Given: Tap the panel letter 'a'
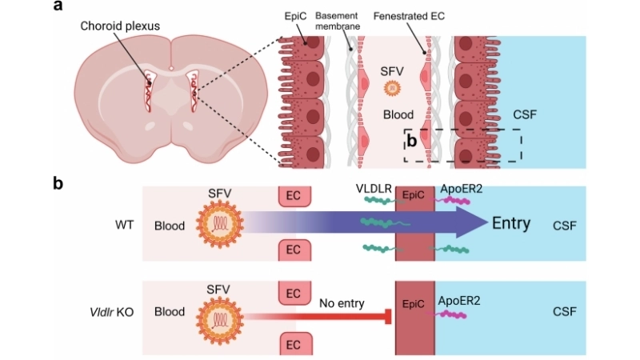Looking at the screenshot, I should point(58,7).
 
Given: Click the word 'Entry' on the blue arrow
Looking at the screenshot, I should point(510,223).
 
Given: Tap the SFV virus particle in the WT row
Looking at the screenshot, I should point(218,223).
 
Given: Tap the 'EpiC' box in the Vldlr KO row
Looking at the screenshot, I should point(414,304).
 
